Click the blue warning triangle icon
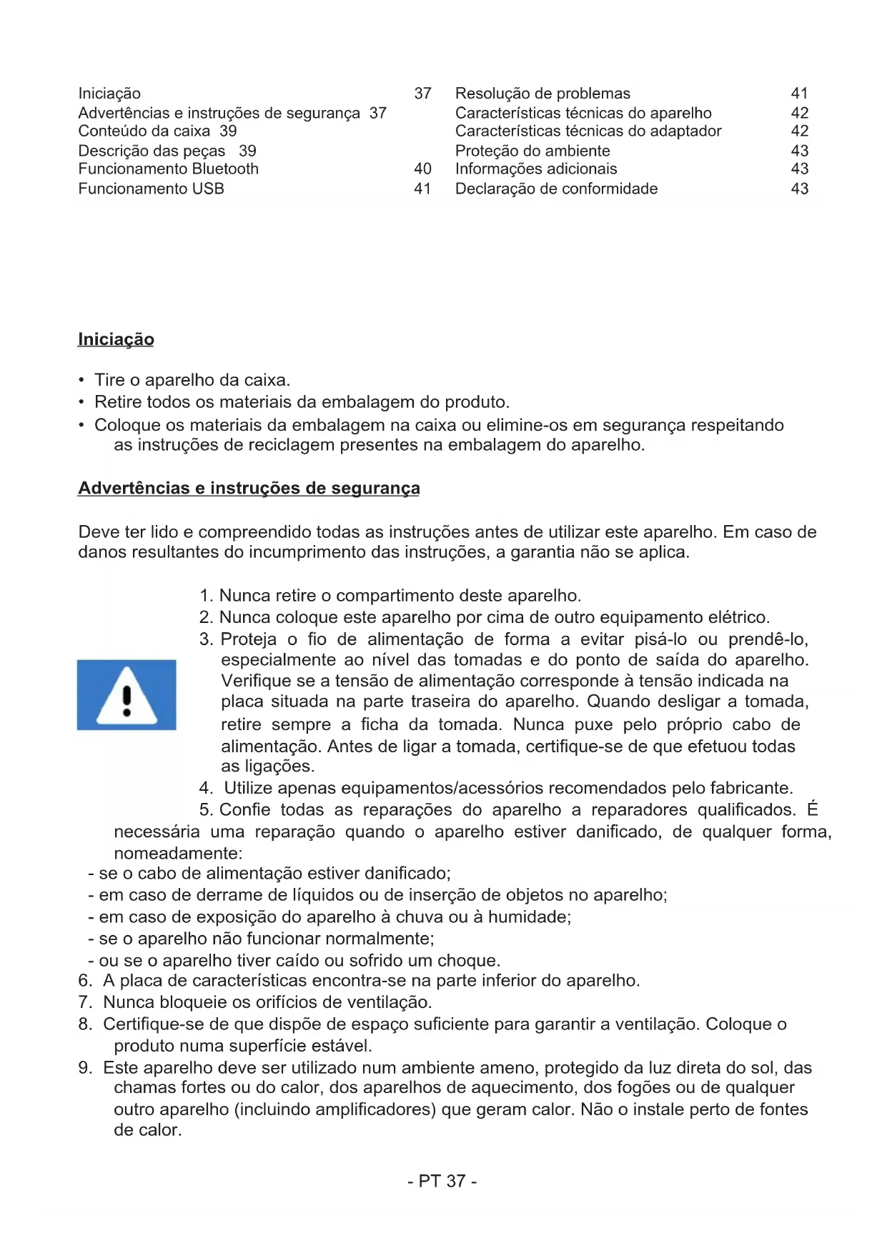(x=127, y=694)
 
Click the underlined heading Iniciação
(x=116, y=339)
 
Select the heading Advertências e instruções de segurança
(x=249, y=488)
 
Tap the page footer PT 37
(x=442, y=1181)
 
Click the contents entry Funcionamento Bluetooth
(x=169, y=169)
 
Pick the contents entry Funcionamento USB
(x=152, y=189)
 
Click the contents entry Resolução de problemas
(x=542, y=94)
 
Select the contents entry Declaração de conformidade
(x=556, y=189)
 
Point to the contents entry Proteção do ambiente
(x=532, y=151)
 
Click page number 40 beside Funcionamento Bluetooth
(x=422, y=169)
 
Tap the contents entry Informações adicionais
(x=536, y=169)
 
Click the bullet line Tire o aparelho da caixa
(x=192, y=380)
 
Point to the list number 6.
(x=85, y=981)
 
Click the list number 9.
(x=85, y=1068)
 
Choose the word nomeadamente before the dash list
(x=178, y=854)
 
